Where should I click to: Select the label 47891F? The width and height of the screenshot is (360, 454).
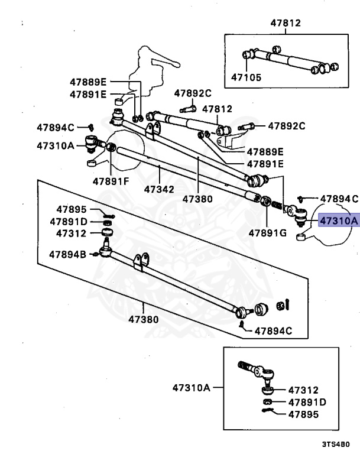[x=111, y=181]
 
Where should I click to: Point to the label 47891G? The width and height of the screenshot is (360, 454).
[x=267, y=233]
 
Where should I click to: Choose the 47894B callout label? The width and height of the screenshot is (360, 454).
[x=67, y=254]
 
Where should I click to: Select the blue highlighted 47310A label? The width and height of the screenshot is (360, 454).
[x=339, y=220]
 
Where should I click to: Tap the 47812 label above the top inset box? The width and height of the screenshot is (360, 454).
[x=286, y=24]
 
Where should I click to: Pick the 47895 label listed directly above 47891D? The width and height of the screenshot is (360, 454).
[x=72, y=209]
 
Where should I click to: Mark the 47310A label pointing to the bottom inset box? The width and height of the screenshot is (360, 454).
[x=192, y=388]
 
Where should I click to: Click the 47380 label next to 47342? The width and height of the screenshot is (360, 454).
[x=197, y=199]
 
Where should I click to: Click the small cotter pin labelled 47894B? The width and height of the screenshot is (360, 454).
[x=95, y=255]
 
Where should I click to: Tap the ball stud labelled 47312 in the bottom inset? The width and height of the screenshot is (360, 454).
[x=266, y=388]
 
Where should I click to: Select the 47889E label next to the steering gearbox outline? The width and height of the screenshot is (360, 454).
[x=88, y=82]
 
